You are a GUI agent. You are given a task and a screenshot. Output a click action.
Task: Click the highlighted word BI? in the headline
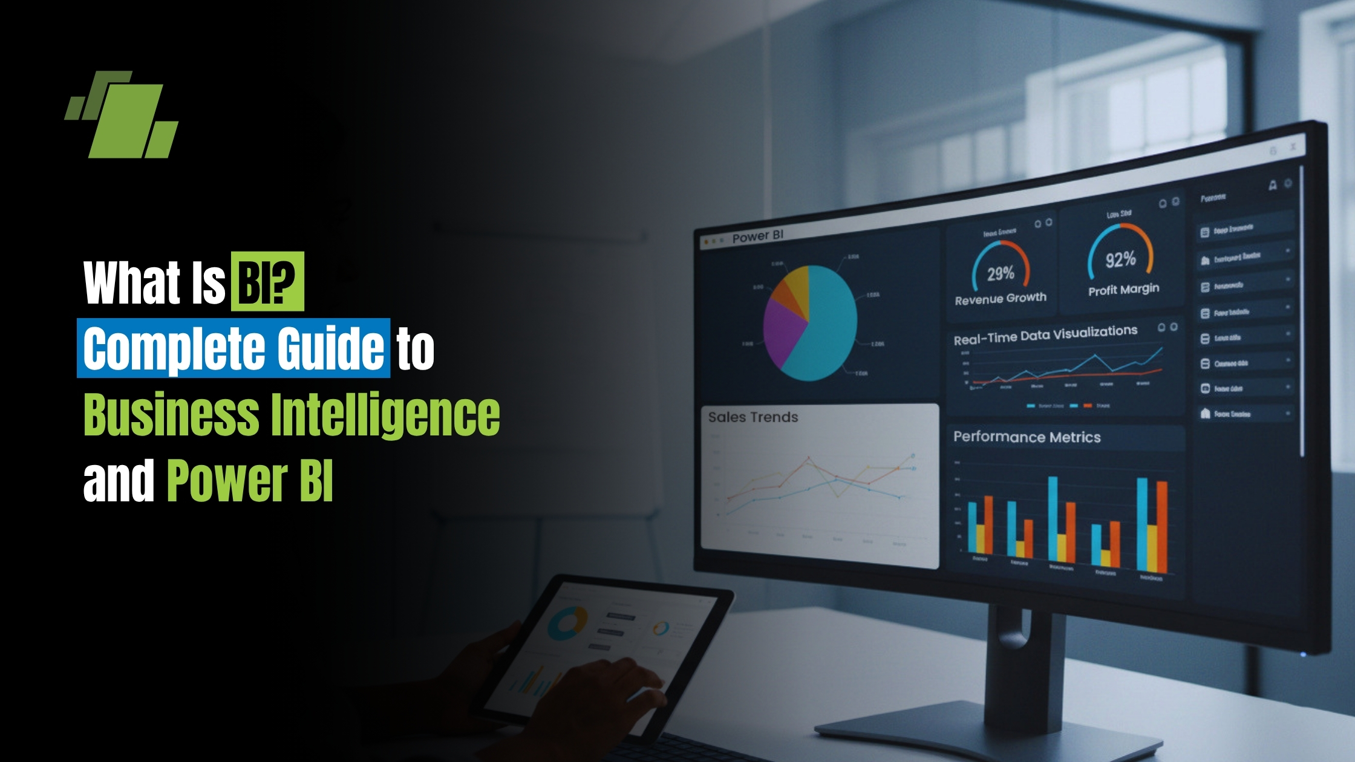(x=267, y=282)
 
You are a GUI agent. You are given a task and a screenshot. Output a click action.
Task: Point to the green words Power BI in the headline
(x=250, y=481)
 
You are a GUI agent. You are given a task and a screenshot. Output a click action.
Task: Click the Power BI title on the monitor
(x=757, y=236)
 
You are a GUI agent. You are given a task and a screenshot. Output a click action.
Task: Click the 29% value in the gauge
(x=1001, y=274)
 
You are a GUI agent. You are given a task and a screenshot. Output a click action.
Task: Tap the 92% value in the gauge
(x=1120, y=260)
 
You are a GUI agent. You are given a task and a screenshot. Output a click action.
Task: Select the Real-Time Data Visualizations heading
(x=1045, y=335)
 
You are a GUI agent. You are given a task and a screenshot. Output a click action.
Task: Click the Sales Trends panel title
(x=753, y=417)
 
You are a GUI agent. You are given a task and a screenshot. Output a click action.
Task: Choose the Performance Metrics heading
(x=1027, y=437)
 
